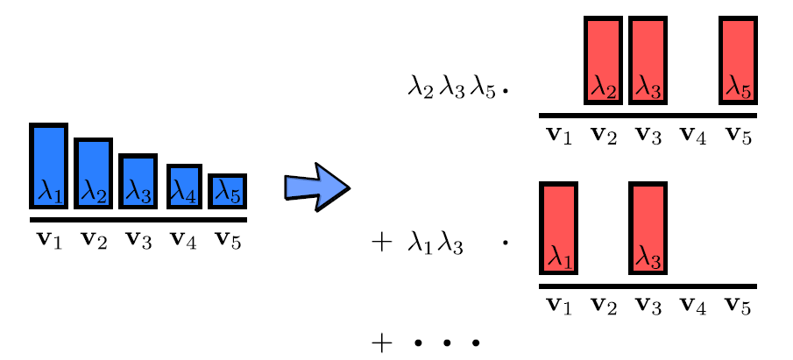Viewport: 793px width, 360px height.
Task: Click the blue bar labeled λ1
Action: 49,166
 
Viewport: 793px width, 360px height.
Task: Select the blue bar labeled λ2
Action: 93,173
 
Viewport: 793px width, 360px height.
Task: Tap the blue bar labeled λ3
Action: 137,181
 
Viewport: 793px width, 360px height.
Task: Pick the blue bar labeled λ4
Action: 183,186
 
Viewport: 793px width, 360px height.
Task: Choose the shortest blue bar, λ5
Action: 227,191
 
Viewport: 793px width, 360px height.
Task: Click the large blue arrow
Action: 315,187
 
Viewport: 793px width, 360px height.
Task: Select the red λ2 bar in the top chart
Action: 603,60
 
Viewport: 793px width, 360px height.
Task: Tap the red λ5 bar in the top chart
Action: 738,60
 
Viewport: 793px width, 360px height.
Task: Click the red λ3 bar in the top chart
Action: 648,60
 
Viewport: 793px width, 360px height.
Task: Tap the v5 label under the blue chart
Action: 226,239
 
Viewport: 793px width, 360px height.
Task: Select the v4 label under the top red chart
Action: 694,136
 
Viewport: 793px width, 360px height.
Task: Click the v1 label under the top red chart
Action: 559,136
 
